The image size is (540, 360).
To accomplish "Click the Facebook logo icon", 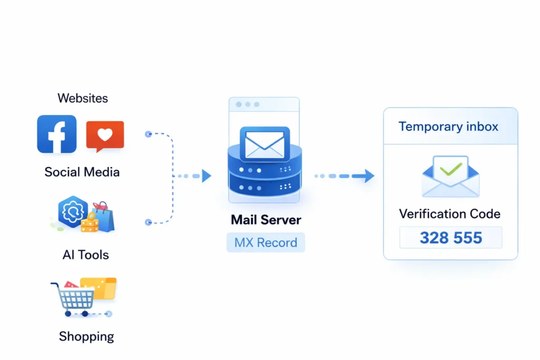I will coord(56,134).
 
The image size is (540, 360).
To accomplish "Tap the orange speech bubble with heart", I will coord(105,135).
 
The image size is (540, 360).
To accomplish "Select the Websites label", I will coord(83,98).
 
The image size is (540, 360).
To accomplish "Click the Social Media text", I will coord(82,172).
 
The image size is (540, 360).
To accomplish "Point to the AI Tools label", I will coord(85,255).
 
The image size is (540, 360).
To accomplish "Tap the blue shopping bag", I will coord(104,218).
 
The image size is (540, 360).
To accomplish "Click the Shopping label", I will coord(86,336).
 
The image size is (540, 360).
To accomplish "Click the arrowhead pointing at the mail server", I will coord(206,176).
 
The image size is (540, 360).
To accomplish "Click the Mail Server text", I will coord(266,220).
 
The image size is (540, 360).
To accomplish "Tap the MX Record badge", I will coord(266,243).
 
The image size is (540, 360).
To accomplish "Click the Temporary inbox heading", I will coord(448,127).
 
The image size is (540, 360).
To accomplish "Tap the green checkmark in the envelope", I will coord(450,169).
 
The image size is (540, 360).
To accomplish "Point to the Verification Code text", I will coord(449,213).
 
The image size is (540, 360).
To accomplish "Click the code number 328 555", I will coord(451,238).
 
